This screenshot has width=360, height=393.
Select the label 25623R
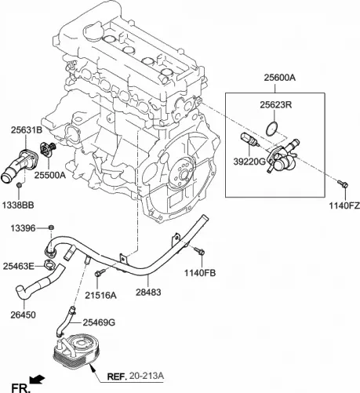275,104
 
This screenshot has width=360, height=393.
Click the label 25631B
27,130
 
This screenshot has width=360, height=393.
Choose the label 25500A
49,176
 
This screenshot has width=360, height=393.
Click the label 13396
24,227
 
